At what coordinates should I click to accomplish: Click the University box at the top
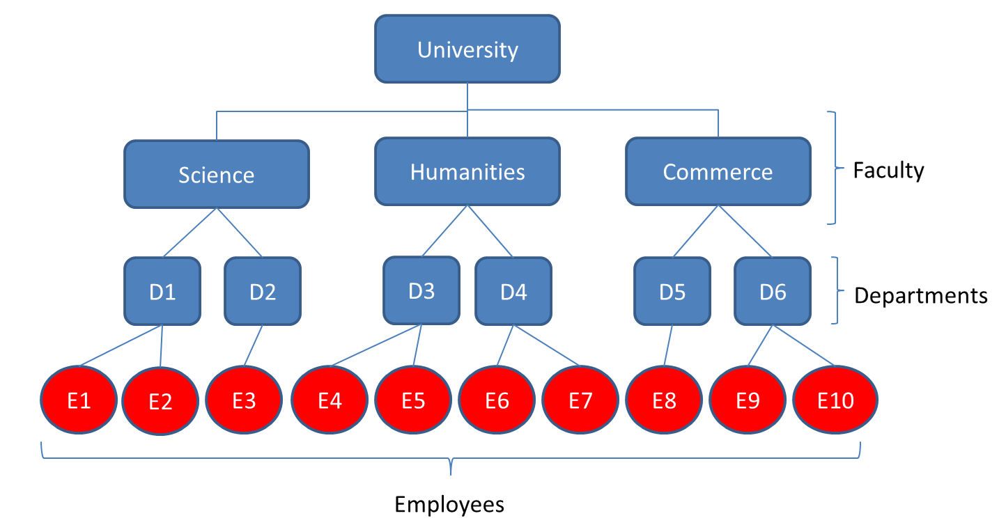click(x=467, y=49)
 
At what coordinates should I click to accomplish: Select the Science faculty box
click(x=216, y=174)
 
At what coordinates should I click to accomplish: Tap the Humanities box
click(x=467, y=171)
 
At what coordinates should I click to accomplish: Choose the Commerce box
click(x=718, y=171)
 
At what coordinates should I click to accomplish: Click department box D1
click(x=162, y=291)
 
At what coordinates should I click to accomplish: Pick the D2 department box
click(x=263, y=291)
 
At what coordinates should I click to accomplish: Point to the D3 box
click(x=421, y=290)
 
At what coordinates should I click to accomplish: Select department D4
click(x=513, y=291)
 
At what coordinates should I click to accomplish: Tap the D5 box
click(x=672, y=291)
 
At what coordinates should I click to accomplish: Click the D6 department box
click(x=773, y=291)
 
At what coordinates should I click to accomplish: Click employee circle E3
click(x=245, y=401)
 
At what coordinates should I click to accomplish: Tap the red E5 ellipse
click(x=414, y=401)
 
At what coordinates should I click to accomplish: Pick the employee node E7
click(x=580, y=401)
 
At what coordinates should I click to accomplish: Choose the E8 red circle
click(x=665, y=401)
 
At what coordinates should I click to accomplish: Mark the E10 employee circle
click(x=835, y=401)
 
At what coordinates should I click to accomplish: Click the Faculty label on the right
click(x=888, y=170)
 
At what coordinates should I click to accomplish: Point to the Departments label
click(x=920, y=295)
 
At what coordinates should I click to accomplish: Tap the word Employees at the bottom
click(x=449, y=503)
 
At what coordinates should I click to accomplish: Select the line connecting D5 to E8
click(x=669, y=345)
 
